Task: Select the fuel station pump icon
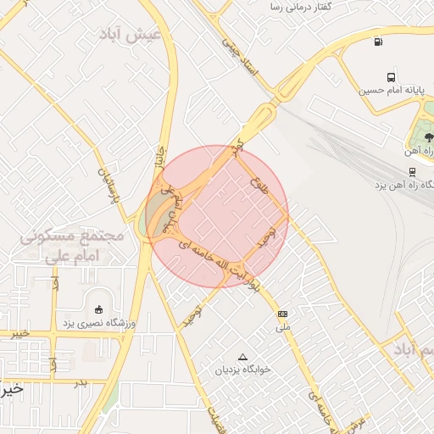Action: pyautogui.click(x=377, y=41)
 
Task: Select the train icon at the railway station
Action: pyautogui.click(x=412, y=170)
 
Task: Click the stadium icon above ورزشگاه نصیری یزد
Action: pyautogui.click(x=98, y=309)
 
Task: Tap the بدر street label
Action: pyautogui.click(x=81, y=382)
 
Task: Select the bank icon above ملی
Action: pyautogui.click(x=282, y=314)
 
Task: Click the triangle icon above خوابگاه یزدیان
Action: pyautogui.click(x=244, y=357)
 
